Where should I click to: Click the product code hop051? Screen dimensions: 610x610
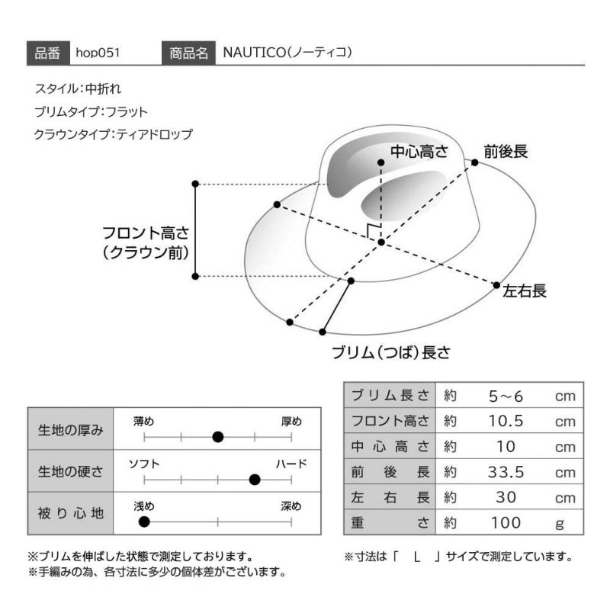(x=98, y=53)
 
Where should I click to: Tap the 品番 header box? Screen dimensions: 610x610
(x=48, y=53)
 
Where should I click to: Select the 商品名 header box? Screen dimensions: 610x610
(x=188, y=53)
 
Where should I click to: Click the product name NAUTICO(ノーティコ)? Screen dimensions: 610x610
(x=287, y=53)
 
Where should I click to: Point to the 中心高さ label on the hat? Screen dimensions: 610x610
(x=419, y=151)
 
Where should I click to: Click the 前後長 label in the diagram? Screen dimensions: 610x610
(x=506, y=151)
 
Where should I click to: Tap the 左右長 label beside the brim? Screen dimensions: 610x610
(x=525, y=291)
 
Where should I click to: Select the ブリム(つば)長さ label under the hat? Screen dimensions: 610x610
(x=391, y=352)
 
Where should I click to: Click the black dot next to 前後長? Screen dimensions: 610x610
(x=474, y=162)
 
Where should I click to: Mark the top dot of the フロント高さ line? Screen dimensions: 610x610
(x=196, y=184)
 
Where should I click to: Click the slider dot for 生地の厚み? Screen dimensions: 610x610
(x=218, y=437)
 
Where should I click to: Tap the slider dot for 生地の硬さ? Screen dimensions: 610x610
(x=255, y=480)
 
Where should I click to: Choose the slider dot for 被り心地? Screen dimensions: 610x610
(x=144, y=522)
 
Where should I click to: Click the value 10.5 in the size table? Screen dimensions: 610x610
(x=506, y=422)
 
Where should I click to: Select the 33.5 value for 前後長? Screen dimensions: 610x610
(x=506, y=472)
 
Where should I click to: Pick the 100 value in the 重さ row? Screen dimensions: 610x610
(x=506, y=523)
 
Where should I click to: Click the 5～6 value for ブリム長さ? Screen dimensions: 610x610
(x=506, y=396)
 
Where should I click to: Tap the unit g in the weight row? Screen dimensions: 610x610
(x=560, y=525)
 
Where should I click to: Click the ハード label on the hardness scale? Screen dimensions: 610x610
(x=291, y=464)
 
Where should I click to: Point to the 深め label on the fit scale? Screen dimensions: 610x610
(x=291, y=506)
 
